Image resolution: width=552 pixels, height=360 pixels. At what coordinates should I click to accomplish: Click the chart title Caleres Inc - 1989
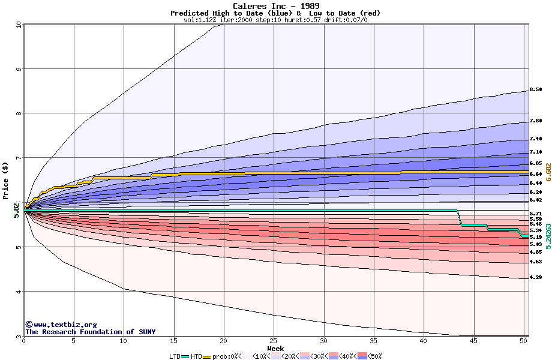point(275,6)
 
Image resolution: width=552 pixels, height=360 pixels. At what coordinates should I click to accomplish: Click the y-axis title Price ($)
point(6,181)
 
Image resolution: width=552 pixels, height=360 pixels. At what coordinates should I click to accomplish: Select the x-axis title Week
point(275,349)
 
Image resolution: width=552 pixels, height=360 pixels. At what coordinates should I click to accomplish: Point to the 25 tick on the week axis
point(274,341)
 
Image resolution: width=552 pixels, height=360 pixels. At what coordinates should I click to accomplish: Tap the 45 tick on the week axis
point(473,341)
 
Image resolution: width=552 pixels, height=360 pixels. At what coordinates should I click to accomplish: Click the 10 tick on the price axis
point(19,25)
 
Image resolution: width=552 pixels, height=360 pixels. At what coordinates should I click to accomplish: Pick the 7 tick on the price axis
point(19,158)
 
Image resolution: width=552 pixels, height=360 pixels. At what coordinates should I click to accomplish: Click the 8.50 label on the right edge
point(536,89)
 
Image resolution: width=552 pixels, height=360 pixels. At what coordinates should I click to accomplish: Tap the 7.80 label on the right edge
point(536,121)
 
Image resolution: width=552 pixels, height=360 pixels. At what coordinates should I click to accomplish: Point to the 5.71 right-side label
point(536,214)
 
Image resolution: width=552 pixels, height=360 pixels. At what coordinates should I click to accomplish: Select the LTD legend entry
point(175,356)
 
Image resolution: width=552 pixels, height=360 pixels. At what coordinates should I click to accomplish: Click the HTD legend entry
point(196,356)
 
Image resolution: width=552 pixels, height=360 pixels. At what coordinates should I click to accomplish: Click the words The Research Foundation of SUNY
point(90,332)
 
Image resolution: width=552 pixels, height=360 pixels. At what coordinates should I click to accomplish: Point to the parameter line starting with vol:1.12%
point(275,20)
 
